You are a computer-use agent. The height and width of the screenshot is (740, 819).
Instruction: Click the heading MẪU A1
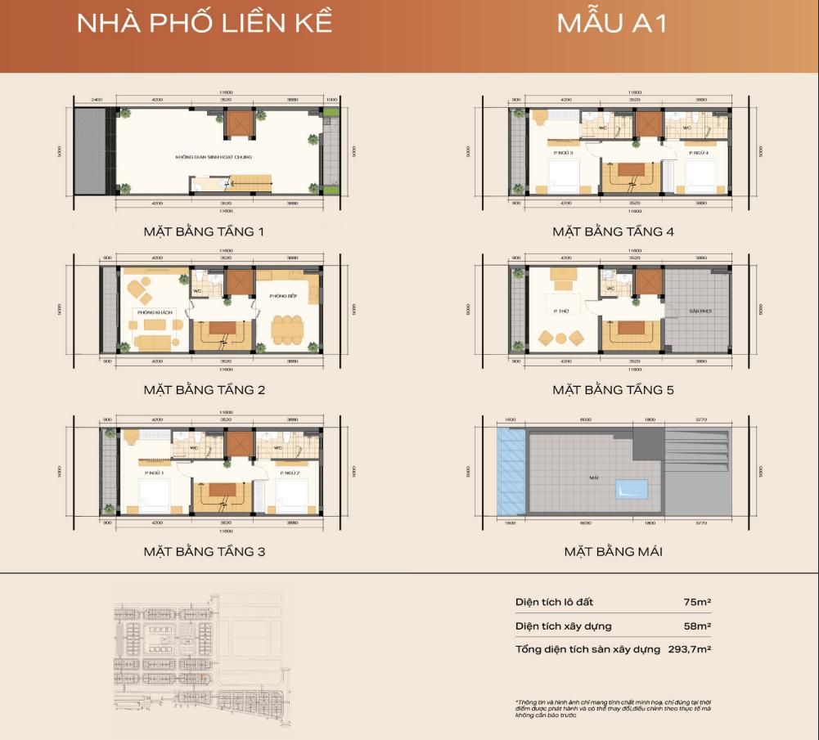[612, 22]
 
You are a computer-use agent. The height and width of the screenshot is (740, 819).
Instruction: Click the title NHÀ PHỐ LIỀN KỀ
[205, 22]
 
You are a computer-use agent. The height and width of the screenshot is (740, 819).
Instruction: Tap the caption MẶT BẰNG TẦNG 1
[204, 231]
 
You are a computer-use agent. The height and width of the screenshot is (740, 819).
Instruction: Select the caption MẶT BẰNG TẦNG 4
[613, 231]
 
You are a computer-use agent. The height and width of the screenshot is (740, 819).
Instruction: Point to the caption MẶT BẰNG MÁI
[613, 551]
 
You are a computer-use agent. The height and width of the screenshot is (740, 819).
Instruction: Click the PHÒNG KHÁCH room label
[152, 311]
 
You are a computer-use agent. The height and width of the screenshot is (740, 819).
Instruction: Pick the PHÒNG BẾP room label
[282, 296]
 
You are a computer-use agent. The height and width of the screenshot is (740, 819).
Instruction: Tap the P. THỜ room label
[560, 311]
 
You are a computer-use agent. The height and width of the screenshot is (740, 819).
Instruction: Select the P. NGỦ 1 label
[155, 473]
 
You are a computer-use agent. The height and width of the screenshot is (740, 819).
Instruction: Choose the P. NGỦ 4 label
[698, 153]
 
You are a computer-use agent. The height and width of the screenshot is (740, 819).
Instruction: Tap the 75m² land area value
[697, 602]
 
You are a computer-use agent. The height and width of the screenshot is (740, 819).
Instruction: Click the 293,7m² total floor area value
[691, 649]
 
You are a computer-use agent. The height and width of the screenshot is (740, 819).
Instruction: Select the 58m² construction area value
[697, 626]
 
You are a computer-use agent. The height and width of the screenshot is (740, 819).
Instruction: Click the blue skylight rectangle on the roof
[630, 489]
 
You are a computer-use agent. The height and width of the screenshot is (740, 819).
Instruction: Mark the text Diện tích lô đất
[554, 602]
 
